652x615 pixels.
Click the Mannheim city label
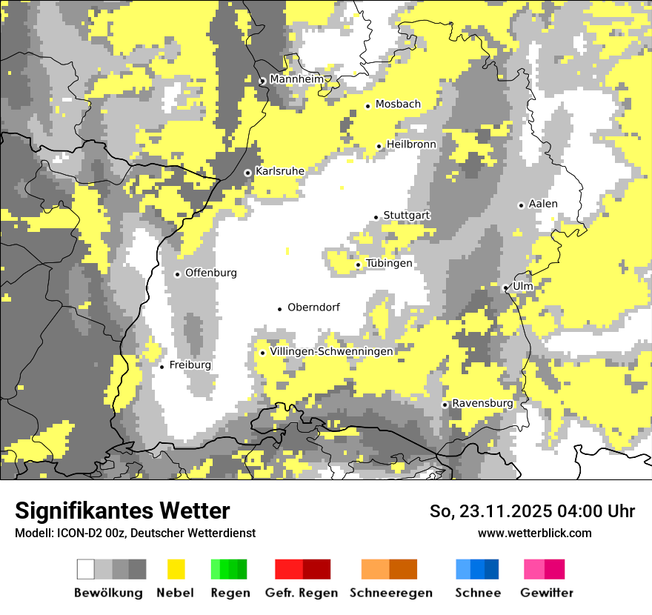click(x=296, y=79)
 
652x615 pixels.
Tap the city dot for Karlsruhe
click(x=247, y=173)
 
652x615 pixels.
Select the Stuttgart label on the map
click(x=407, y=216)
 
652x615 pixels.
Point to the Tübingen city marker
click(x=358, y=265)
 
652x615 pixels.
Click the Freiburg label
click(x=190, y=365)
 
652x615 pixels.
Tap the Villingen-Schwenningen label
click(x=331, y=352)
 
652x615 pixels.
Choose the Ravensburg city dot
click(x=445, y=405)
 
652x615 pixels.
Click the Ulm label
click(x=523, y=286)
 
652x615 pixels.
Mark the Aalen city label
click(x=543, y=204)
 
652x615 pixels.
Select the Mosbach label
click(x=398, y=104)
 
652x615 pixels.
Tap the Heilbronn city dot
click(x=379, y=146)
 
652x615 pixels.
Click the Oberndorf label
click(x=313, y=307)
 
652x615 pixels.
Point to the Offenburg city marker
click(x=177, y=274)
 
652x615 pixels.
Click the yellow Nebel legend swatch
click(x=176, y=569)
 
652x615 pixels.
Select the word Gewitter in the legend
click(x=546, y=593)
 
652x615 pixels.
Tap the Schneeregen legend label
click(x=391, y=593)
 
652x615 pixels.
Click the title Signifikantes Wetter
click(x=122, y=511)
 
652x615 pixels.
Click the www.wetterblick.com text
click(x=534, y=533)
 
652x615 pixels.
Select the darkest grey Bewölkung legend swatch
click(x=137, y=569)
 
